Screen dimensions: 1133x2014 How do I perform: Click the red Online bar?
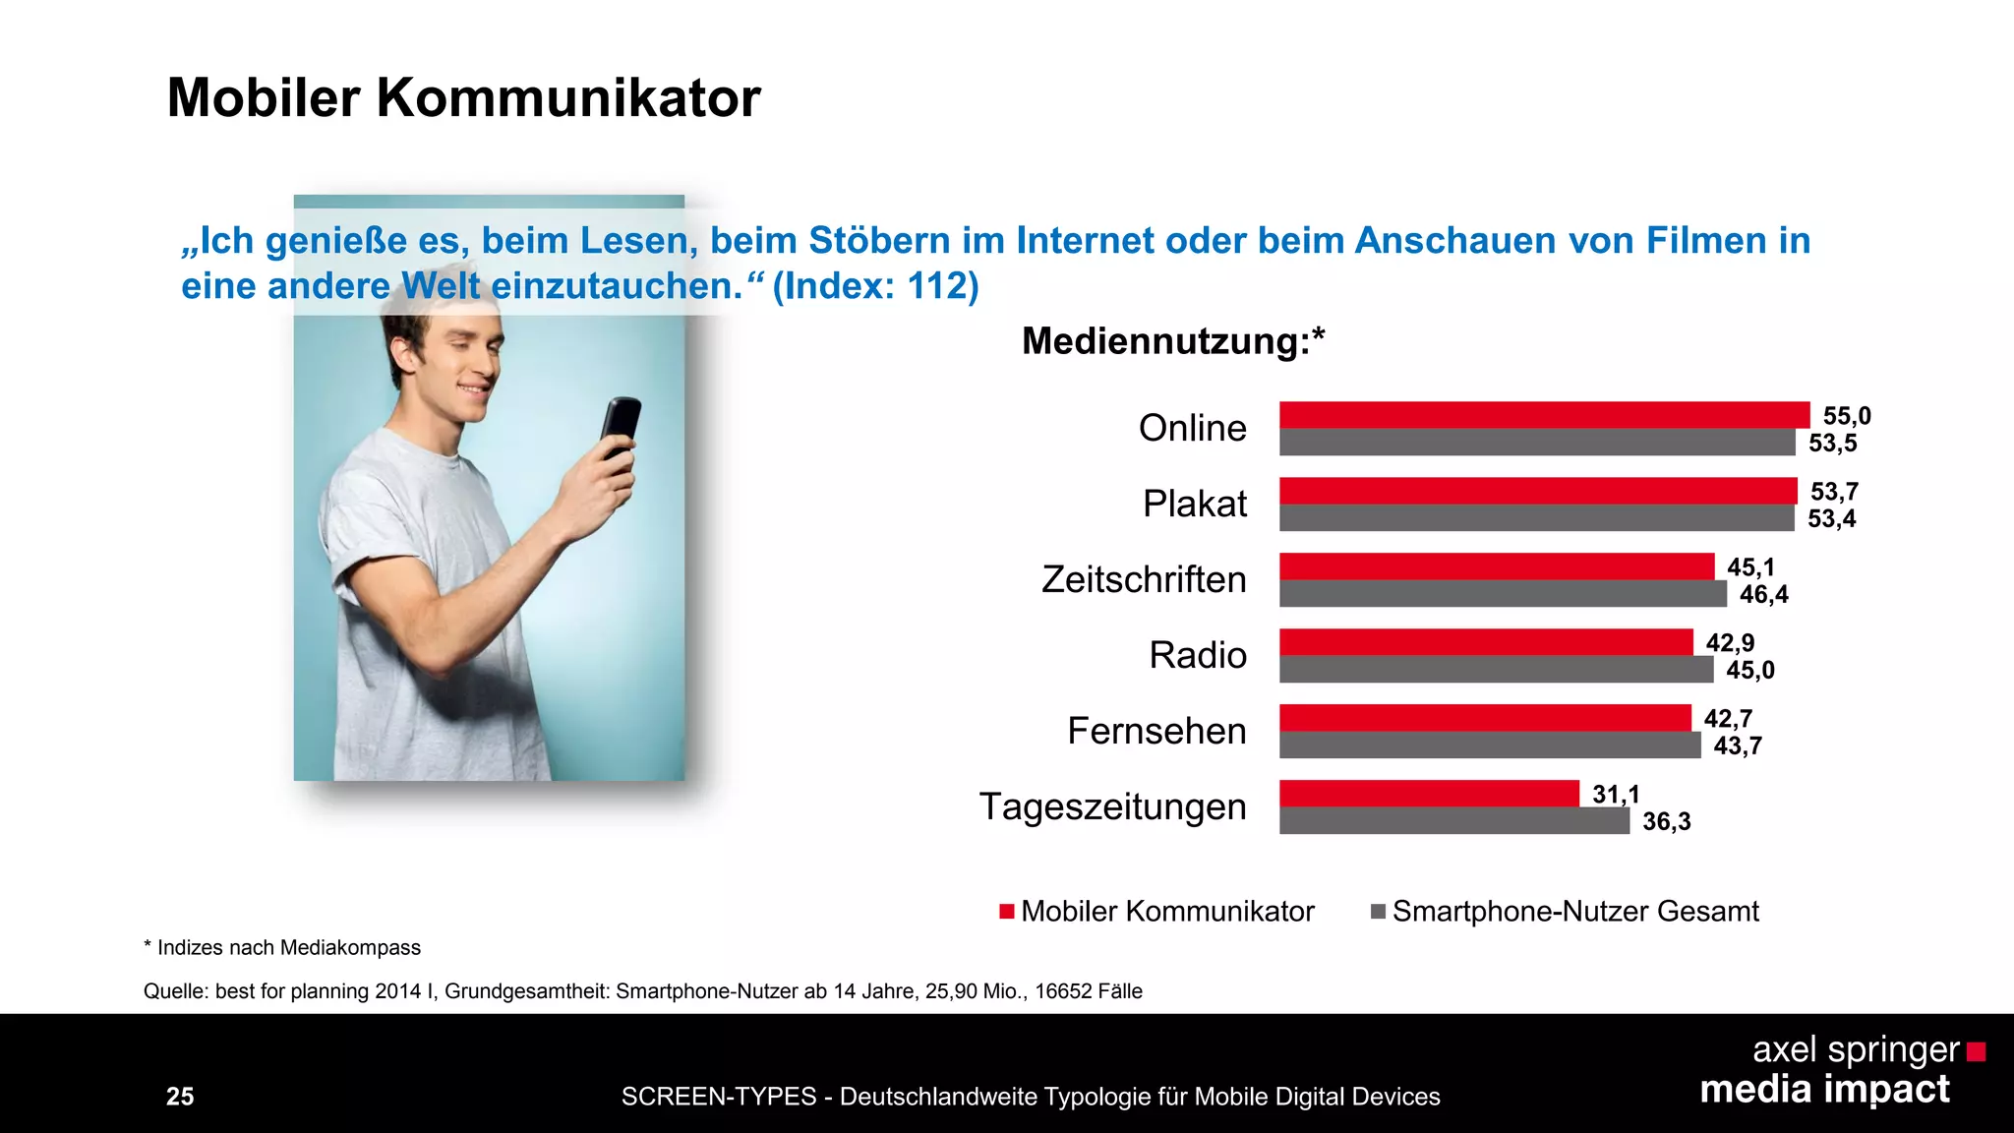pos(1544,415)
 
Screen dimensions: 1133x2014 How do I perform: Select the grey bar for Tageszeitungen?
pos(1453,821)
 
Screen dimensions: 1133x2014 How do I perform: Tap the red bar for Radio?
pos(1485,642)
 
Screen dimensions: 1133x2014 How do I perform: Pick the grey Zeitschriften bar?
pos(1502,594)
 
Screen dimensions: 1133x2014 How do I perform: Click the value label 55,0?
pos(1846,416)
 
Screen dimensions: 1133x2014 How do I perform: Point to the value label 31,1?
pos(1615,794)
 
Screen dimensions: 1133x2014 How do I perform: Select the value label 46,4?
pos(1763,594)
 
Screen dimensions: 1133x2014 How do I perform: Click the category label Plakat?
pos(1194,504)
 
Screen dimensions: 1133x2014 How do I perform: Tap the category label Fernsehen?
pos(1156,731)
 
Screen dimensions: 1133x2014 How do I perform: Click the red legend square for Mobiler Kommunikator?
pos(1006,912)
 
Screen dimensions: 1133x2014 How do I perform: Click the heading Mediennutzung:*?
pos(1172,341)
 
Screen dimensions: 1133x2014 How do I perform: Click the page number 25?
pos(180,1097)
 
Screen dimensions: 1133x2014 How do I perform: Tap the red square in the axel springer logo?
pos(1976,1052)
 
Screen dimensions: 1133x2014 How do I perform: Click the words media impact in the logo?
pos(1824,1090)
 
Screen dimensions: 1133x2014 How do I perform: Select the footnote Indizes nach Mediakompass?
pos(288,948)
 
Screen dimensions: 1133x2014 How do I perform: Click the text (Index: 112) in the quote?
pos(875,286)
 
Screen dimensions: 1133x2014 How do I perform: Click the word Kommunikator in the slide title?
pos(567,98)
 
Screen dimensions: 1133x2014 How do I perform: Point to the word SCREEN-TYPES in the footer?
pos(718,1097)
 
